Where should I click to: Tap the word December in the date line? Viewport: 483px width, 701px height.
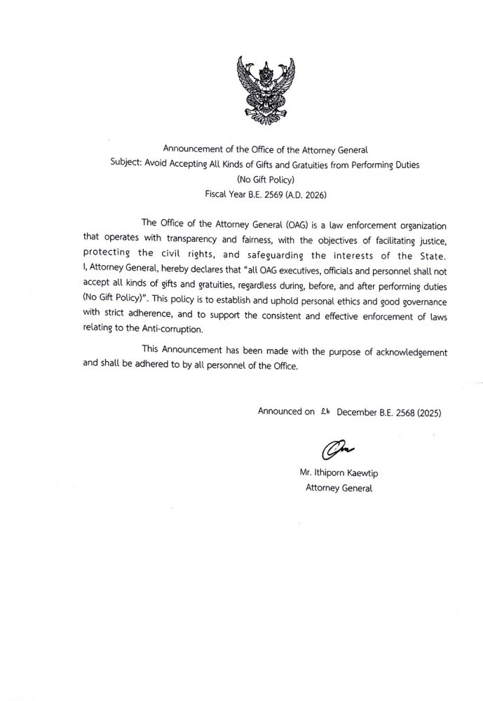click(359, 412)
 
